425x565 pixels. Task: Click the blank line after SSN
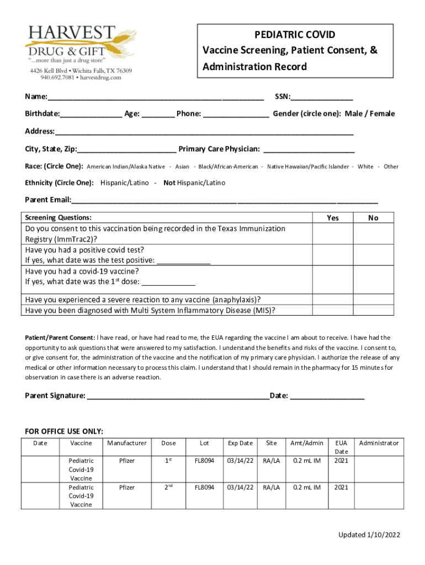(322, 98)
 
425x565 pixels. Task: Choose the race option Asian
(182, 167)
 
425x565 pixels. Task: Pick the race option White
(365, 167)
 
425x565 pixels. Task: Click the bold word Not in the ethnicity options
(169, 183)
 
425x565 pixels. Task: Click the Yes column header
(332, 218)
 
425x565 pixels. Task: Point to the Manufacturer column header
(127, 443)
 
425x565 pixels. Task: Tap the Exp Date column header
(240, 443)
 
